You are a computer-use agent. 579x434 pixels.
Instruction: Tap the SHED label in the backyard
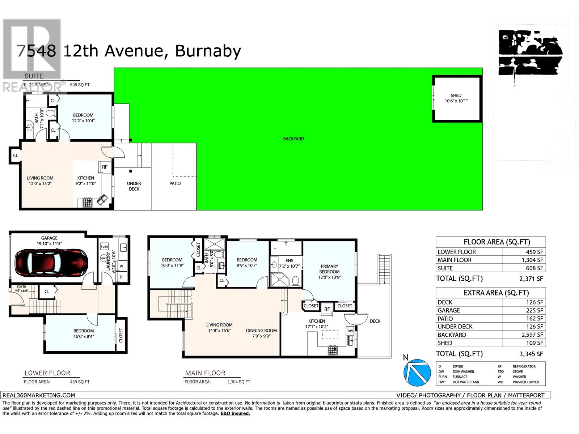456,95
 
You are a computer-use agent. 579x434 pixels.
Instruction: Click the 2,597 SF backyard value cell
532,335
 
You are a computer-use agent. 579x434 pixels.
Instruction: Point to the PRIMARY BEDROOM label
329,269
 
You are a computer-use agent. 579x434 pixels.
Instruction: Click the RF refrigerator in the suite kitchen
105,167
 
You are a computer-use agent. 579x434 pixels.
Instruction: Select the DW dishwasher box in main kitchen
350,331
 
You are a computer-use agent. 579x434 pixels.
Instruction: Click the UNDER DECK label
134,186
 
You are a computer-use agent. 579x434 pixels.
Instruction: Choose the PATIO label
175,184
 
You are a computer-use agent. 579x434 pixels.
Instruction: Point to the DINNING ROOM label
261,331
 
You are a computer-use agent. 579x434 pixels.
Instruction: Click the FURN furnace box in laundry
104,247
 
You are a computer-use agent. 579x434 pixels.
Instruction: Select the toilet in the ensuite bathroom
296,281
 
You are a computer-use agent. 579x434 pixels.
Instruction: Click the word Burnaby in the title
208,51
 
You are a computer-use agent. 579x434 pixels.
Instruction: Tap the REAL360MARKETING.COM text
39,395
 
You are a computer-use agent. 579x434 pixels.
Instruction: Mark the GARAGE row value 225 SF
535,310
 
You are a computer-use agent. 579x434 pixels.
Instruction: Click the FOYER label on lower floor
21,287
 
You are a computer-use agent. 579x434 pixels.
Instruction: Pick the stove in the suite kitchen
88,203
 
